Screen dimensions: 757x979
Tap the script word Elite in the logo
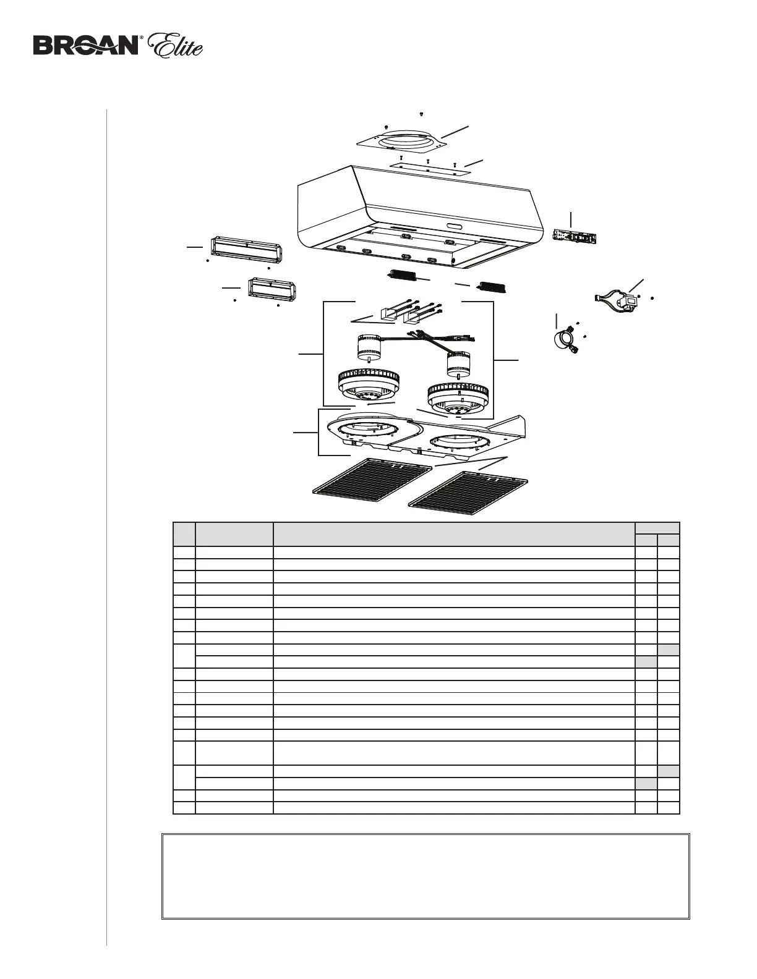(x=177, y=46)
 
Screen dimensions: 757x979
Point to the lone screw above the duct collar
(x=421, y=114)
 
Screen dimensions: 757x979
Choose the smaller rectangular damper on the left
(x=273, y=290)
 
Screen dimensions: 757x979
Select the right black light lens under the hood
(x=493, y=286)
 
